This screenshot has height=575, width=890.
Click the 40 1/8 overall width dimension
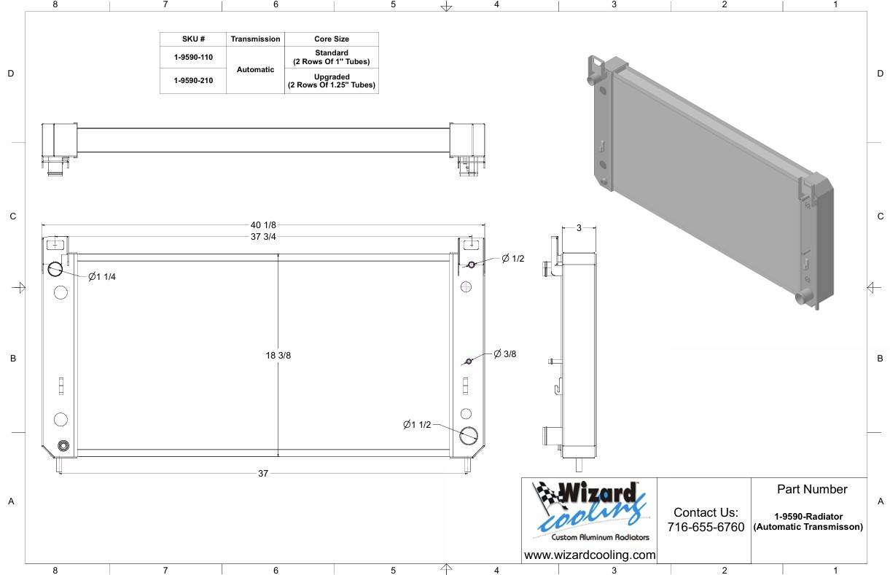(263, 224)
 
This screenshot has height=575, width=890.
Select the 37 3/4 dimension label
(263, 237)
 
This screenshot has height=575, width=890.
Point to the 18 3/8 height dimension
(278, 356)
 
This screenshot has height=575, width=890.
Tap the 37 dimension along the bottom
(263, 474)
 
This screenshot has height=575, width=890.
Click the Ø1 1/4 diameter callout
(102, 277)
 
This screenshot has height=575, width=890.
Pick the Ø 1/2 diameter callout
(512, 259)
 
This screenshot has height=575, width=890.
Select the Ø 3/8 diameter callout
(504, 354)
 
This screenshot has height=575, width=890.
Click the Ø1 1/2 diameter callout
(417, 425)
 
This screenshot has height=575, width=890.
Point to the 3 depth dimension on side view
(579, 228)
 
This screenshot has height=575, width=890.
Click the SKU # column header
(193, 39)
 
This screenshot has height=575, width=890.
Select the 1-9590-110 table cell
(193, 58)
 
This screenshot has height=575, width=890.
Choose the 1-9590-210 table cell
(193, 81)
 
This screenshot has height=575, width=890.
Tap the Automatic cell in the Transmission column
(255, 70)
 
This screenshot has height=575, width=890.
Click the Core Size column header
(332, 39)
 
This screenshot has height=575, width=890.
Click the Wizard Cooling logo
(589, 511)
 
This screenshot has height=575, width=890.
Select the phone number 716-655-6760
(705, 527)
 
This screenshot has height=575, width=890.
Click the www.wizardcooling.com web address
(589, 555)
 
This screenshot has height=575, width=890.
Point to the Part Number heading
(811, 489)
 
